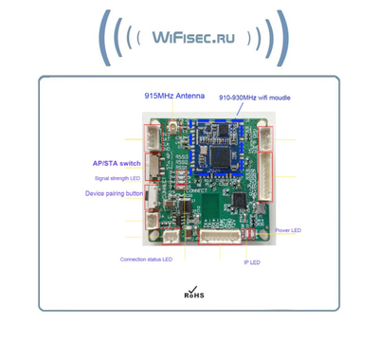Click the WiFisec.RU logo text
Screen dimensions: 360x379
pos(189,38)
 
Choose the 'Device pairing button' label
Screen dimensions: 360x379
pos(115,193)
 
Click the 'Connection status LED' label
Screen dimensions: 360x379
pos(147,259)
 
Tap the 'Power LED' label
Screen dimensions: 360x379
pos(289,230)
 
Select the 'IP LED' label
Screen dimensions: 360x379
pos(251,261)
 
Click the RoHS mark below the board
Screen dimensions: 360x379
pos(192,293)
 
